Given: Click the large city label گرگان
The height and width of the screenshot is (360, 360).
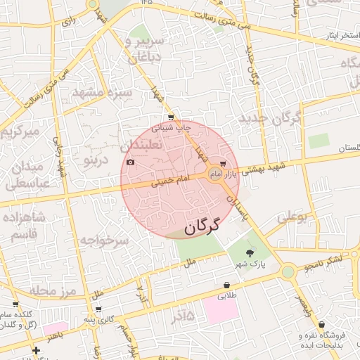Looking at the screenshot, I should tap(202, 226).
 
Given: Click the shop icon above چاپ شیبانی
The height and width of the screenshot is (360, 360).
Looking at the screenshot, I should tap(171, 117).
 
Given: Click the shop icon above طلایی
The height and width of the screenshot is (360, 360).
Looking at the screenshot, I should tap(226, 285).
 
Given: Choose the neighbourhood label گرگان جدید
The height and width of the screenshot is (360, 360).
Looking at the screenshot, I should tap(269, 117).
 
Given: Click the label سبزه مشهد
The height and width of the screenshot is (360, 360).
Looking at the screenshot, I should tap(102, 93).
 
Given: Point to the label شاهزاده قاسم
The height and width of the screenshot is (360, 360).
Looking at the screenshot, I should tap(24, 226).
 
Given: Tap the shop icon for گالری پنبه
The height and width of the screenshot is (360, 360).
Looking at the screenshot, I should tap(98, 309).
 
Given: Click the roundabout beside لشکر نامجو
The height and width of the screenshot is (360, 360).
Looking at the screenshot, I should tap(288, 271).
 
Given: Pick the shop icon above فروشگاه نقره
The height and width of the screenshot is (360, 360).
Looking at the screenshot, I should tap(322, 325).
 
